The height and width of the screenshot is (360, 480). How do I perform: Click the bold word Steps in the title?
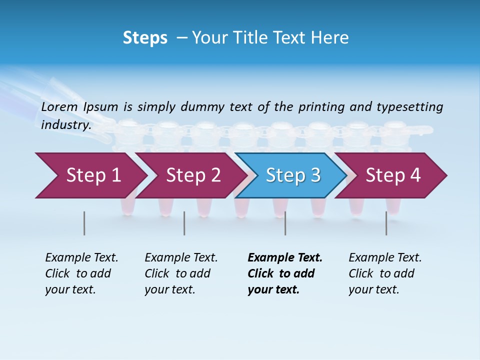145,38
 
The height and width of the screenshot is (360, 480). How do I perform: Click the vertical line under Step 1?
84,223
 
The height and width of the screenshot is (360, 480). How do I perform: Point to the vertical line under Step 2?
184,223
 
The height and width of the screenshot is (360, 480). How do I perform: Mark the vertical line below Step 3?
285,223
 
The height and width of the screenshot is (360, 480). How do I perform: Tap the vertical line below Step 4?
386,223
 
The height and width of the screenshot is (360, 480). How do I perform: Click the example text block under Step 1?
81,273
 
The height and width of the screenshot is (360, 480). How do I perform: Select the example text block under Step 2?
181,273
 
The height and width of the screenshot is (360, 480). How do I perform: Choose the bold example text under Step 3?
285,273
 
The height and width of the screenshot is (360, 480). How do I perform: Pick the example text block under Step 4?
385,273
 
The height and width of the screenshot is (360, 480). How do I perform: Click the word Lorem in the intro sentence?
59,107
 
